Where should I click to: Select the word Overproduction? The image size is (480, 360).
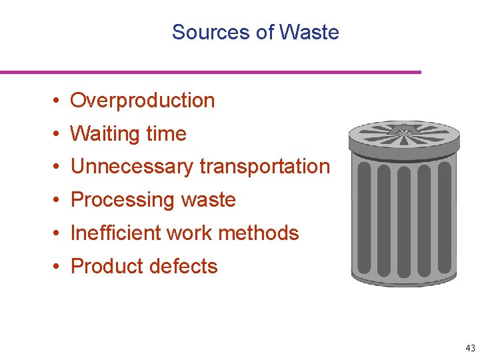pos(143,101)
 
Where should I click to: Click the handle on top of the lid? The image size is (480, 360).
pos(403,129)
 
